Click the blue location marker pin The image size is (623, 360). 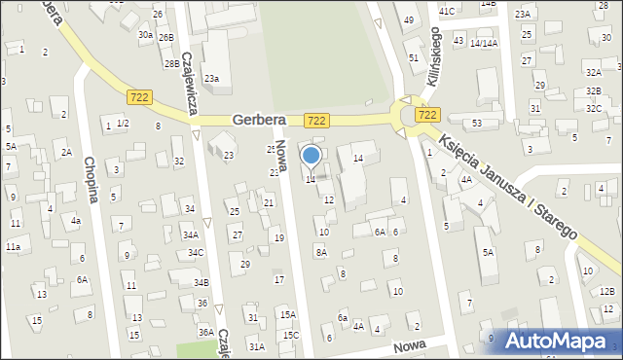pos(311,156)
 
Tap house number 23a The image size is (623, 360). pos(211,78)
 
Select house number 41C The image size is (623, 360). pos(447,11)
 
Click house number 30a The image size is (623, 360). pos(145,34)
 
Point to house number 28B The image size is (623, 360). pos(171,63)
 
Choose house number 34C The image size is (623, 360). pos(196,253)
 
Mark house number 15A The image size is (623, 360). pos(288,314)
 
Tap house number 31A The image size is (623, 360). pos(256,346)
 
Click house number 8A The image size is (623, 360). pos(320,252)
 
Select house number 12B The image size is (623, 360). pos(607,291)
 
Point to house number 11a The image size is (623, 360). pos(13,247)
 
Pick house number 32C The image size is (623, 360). pos(593,108)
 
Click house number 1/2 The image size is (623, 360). pos(123,123)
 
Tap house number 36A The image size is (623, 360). pos(206,332)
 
